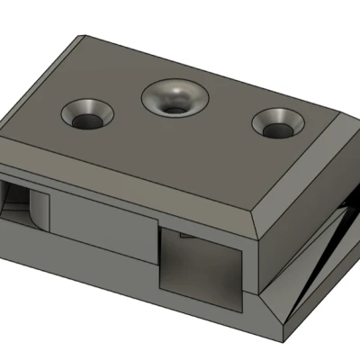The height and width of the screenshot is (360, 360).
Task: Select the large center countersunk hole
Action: coord(174,98)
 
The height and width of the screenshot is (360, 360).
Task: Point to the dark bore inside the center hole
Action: coord(173,106)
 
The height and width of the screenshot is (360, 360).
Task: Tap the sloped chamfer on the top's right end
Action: coord(301,180)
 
